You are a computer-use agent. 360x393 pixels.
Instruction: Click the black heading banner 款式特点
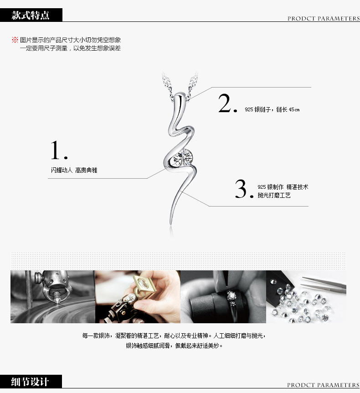(31, 15)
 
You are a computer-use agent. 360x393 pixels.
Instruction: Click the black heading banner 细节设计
(31, 382)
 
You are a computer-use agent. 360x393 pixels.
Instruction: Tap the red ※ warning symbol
(15, 40)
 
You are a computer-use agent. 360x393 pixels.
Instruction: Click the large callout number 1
(59, 150)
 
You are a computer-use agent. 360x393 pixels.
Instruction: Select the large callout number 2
(227, 103)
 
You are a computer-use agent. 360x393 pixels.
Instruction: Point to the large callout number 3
(244, 189)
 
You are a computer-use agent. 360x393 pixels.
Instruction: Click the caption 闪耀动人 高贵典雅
(74, 170)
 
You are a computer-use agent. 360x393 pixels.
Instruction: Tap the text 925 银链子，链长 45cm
(272, 109)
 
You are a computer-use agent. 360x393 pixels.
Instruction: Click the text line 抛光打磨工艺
(274, 195)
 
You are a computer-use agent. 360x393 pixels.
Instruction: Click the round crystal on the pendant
(183, 157)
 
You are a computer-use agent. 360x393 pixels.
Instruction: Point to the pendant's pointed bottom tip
(170, 224)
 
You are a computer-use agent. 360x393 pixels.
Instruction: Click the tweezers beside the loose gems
(324, 284)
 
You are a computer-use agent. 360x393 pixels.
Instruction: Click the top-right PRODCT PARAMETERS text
(324, 19)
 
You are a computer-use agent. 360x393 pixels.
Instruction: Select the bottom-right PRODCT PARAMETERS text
(323, 385)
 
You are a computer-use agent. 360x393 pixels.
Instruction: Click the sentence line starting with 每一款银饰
(174, 336)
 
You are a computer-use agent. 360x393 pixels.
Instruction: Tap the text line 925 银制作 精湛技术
(283, 187)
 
